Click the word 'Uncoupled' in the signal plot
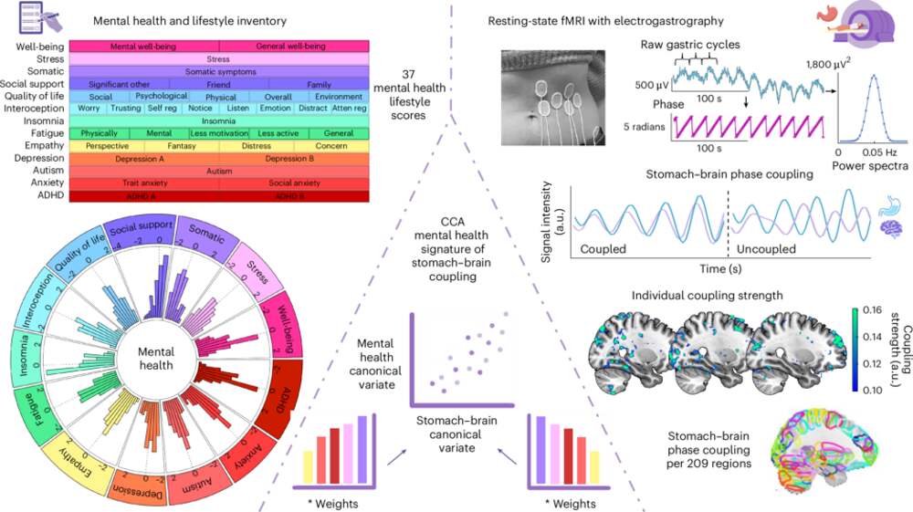pyautogui.click(x=766, y=247)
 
